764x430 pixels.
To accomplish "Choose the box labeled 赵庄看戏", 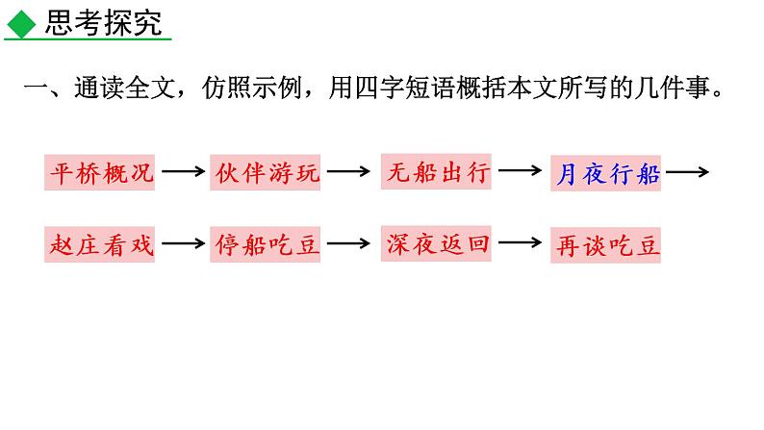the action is point(99,244).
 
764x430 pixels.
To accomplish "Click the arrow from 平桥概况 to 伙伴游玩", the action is point(183,172).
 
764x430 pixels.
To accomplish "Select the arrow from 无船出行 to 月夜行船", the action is point(521,172).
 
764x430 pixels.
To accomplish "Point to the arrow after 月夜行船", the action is point(687,173).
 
